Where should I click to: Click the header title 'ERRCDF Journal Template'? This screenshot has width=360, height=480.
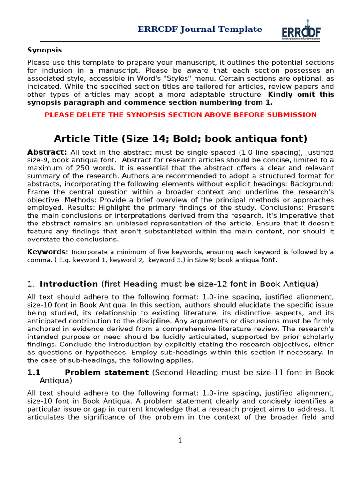point(200,30)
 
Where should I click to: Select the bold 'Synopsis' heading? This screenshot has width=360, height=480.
point(45,50)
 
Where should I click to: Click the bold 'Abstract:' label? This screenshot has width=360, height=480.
point(47,152)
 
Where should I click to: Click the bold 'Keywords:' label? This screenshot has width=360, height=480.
point(48,252)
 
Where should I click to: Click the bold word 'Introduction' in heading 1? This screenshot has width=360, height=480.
point(69,284)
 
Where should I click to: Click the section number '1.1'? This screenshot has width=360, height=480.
point(34,373)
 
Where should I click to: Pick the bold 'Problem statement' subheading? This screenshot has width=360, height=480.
point(107,373)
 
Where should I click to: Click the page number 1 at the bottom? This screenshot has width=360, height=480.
point(180,441)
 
